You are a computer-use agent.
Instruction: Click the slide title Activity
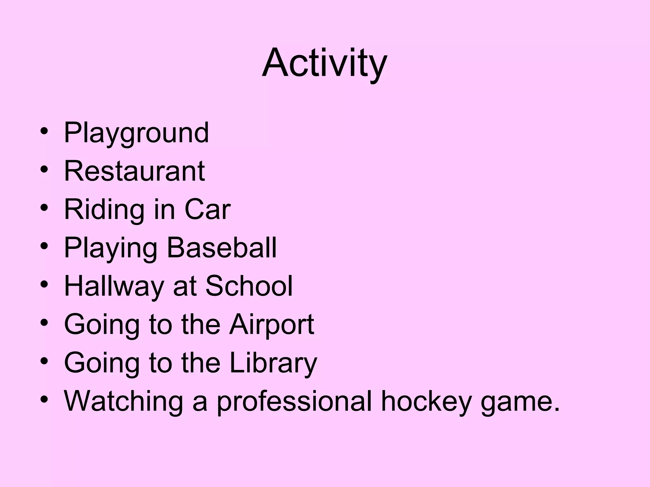point(324,63)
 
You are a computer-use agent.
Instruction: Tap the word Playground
point(136,133)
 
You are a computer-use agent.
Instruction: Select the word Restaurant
point(135,171)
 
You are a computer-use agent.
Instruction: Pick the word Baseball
point(222,248)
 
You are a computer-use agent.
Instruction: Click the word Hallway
point(114,287)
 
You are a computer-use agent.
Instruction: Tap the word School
point(249,286)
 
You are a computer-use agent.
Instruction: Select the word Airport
point(272,325)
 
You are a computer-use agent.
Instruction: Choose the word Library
point(273,363)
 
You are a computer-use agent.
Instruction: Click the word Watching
point(123,401)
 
